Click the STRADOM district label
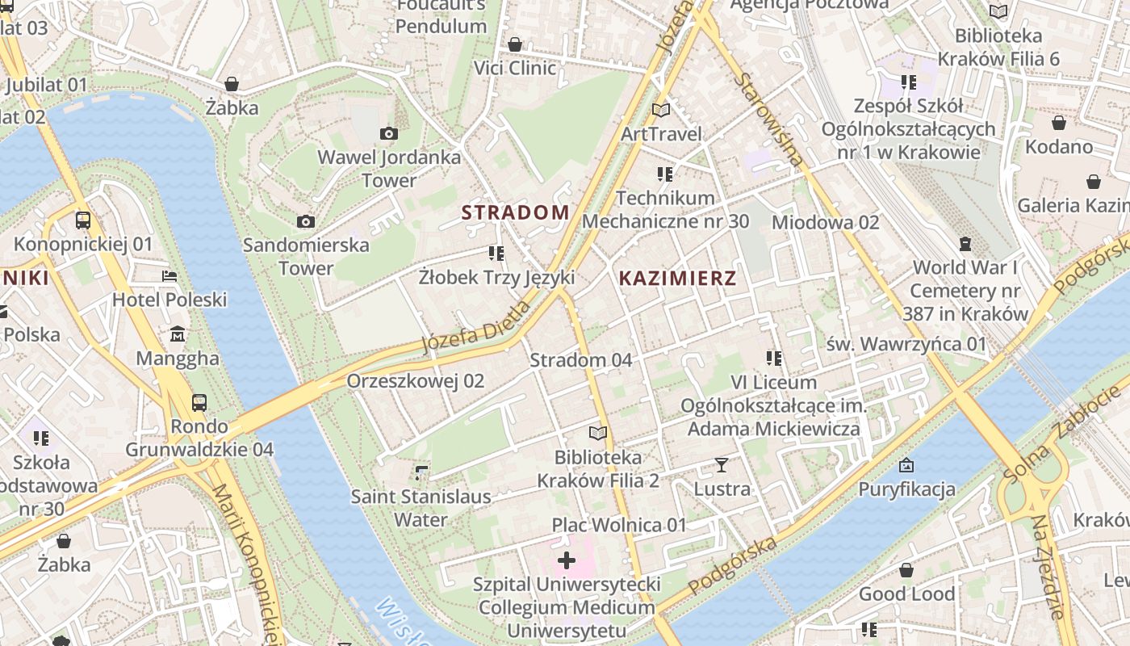(x=515, y=212)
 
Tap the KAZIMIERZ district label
(x=677, y=279)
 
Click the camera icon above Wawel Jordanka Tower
(x=388, y=133)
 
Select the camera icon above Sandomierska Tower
(x=305, y=221)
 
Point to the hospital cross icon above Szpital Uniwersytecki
(x=567, y=560)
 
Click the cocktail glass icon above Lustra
(x=721, y=465)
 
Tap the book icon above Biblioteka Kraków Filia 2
(x=597, y=434)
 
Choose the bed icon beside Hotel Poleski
(x=169, y=276)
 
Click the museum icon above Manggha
(x=178, y=334)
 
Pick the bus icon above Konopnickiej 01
(x=82, y=220)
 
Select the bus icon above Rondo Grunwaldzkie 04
(x=199, y=402)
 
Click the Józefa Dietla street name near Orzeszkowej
(x=476, y=326)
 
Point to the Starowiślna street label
(x=771, y=120)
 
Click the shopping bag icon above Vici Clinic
(x=514, y=44)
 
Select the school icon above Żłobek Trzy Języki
(x=496, y=254)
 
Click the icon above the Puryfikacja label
(x=906, y=465)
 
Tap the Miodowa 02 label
(x=825, y=222)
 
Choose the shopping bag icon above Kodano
(x=1058, y=123)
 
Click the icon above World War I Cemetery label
(x=965, y=244)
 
